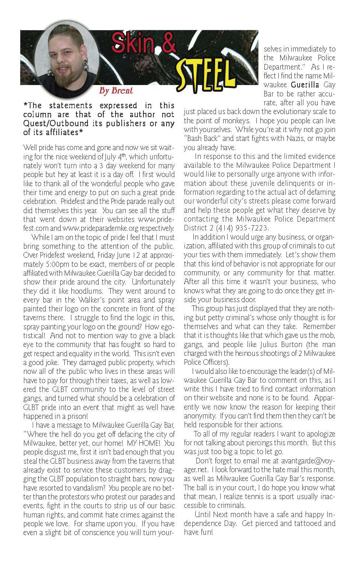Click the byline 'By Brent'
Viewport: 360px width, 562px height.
[x=116, y=91]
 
